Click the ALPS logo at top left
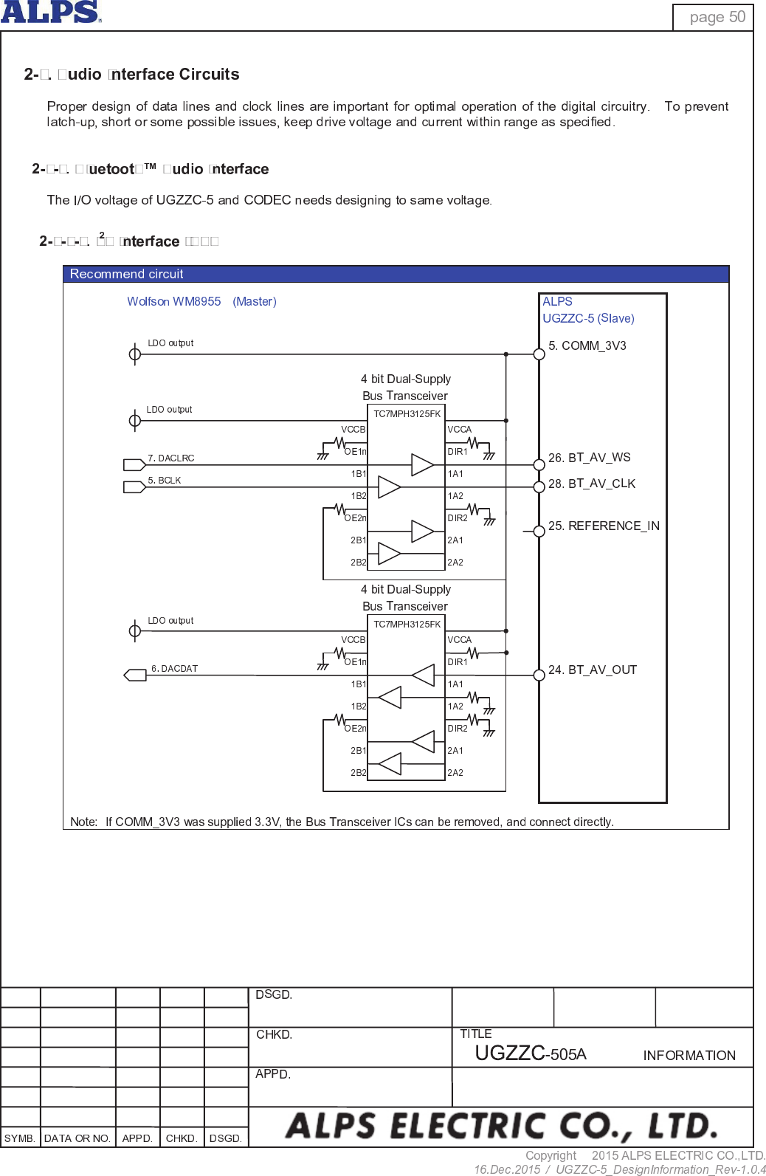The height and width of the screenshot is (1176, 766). click(x=50, y=12)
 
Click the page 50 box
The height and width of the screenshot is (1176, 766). click(x=713, y=17)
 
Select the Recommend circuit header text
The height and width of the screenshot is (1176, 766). click(x=126, y=274)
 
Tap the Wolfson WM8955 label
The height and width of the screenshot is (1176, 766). click(x=174, y=301)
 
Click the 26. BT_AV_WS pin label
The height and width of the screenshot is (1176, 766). click(x=589, y=458)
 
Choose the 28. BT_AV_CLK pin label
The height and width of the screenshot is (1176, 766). click(x=591, y=484)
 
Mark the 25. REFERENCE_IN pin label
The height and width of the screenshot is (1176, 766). click(x=604, y=526)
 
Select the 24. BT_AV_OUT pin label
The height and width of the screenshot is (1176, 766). click(x=592, y=670)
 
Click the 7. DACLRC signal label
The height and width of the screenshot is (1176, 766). click(x=170, y=458)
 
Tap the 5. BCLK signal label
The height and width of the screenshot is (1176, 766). click(x=164, y=481)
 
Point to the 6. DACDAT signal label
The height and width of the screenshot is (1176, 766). click(x=174, y=669)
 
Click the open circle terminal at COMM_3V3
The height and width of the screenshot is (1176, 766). click(x=539, y=354)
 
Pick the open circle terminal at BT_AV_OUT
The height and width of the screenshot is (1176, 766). click(x=539, y=675)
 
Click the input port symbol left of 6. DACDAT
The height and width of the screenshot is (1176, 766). click(x=135, y=675)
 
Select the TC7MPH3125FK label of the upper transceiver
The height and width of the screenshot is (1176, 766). click(x=407, y=414)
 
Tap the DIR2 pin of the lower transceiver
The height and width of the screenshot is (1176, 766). click(x=458, y=729)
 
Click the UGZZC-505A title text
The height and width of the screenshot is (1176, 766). click(x=530, y=1053)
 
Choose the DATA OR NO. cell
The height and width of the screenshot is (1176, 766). click(x=77, y=1138)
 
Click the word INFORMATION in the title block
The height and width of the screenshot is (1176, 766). click(x=689, y=1056)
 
